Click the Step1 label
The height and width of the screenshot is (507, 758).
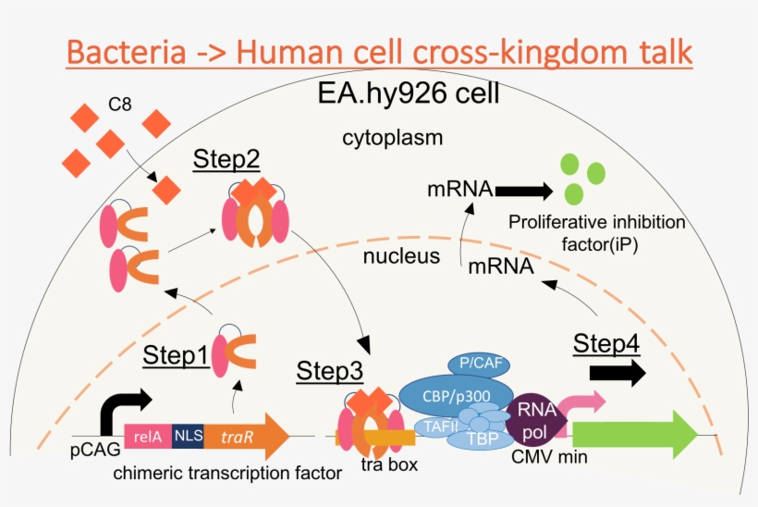[x=175, y=354]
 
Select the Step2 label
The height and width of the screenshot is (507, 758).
[x=226, y=160]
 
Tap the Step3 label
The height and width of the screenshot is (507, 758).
[x=329, y=372]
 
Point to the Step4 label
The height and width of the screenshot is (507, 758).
[x=605, y=343]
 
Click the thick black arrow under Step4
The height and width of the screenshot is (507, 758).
[x=617, y=372]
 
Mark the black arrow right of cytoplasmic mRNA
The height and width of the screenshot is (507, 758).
[x=522, y=192]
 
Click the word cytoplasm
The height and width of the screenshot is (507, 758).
[x=392, y=139]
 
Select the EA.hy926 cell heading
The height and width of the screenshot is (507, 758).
[x=409, y=93]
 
